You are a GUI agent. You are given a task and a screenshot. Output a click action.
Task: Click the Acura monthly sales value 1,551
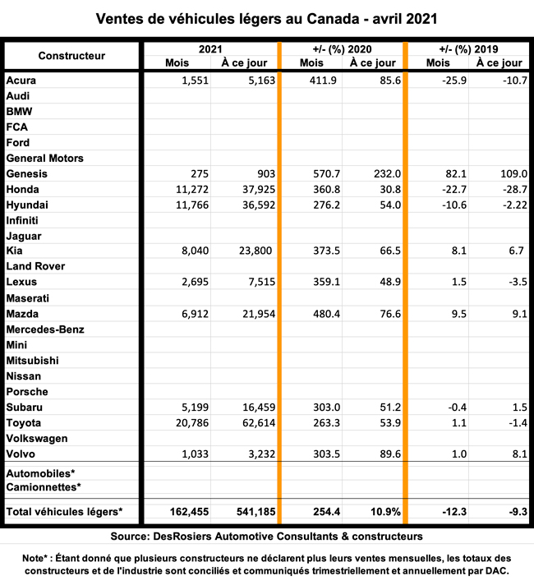[194, 81]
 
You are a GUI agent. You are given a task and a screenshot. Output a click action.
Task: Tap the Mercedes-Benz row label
[45, 329]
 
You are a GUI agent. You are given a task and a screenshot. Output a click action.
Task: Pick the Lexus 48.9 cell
[384, 283]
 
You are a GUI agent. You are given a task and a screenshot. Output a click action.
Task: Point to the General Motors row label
[45, 158]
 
